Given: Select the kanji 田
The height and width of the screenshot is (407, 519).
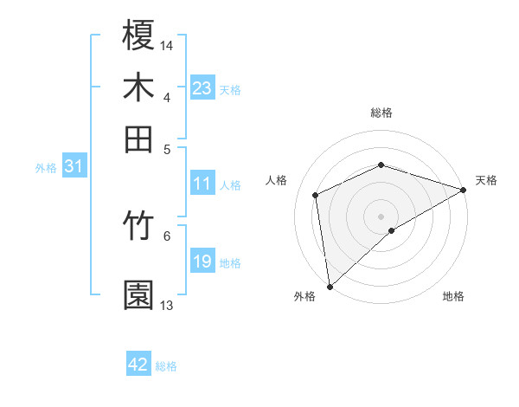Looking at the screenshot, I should (138, 139).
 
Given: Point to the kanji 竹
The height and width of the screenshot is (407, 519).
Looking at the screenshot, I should (138, 227).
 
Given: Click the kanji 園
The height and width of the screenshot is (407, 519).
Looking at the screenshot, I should (138, 295).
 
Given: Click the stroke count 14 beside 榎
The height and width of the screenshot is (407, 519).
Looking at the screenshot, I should (168, 44).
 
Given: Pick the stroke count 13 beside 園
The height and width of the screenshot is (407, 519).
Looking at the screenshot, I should (167, 306).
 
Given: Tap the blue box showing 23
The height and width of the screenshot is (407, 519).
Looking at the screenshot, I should (202, 87).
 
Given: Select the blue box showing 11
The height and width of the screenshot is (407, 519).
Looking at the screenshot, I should (202, 184).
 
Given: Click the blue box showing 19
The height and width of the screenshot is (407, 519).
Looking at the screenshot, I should (202, 262).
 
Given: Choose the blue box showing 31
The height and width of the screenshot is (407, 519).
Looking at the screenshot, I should (74, 166).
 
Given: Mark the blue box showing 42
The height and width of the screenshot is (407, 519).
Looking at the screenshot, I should (138, 365).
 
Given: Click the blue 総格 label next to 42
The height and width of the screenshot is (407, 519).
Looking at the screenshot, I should (166, 366).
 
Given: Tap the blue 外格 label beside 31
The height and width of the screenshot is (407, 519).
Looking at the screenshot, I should (45, 168).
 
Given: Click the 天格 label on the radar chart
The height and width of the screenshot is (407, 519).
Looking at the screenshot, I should (486, 180).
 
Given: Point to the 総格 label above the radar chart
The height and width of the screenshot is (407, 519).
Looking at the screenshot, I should (381, 113).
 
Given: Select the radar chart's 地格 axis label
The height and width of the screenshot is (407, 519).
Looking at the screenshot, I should (453, 296).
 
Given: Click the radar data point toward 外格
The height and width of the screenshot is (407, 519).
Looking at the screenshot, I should (330, 286).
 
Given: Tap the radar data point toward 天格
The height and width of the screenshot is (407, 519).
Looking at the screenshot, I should (464, 191).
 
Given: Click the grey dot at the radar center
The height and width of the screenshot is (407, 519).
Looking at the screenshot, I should (381, 216).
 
